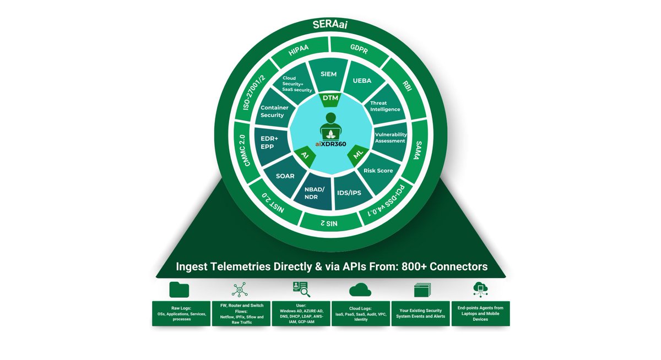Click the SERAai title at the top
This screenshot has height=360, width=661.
[x=330, y=25]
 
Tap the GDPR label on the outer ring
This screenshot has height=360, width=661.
[x=365, y=49]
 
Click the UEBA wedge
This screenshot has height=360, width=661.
[x=361, y=80]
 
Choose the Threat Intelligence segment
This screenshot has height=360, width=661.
[x=386, y=106]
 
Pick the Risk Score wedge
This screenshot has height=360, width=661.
[x=378, y=171]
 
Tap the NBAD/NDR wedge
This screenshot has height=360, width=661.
[x=316, y=194]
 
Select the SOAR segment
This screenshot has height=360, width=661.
[x=285, y=176]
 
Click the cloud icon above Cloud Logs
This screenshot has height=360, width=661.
[x=360, y=290]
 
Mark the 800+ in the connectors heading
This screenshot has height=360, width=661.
[x=409, y=266]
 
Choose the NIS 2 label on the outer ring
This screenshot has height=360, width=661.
[x=329, y=224]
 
